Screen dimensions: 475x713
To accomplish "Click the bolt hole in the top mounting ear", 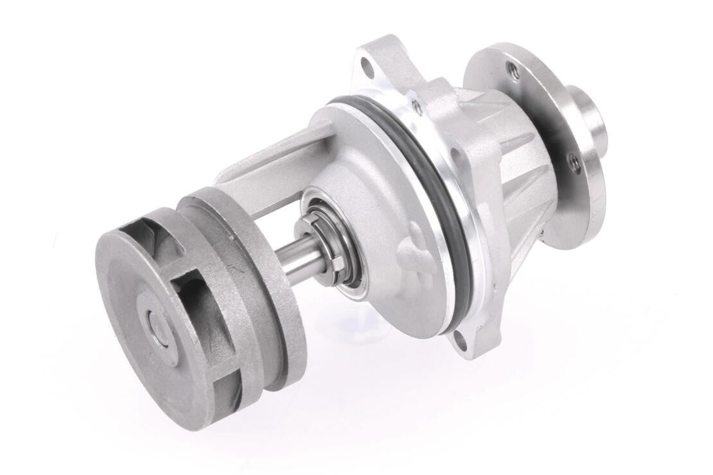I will [x=367, y=65].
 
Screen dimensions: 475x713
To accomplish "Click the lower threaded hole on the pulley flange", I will [x=574, y=162].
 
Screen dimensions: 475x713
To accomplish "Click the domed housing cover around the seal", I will [x=379, y=193].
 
